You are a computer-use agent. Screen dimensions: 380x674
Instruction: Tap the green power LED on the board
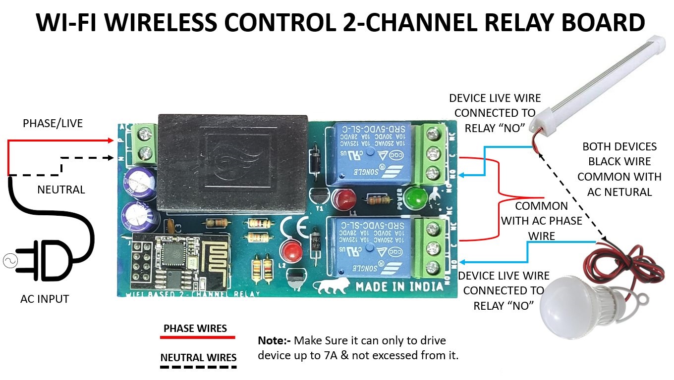click(x=415, y=198)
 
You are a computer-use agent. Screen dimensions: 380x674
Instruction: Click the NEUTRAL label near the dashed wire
click(x=61, y=190)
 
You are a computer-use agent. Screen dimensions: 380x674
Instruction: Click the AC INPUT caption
click(x=45, y=299)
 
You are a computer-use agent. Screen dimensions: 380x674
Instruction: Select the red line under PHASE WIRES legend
click(x=197, y=337)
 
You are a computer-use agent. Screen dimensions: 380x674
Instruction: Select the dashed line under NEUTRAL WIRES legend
click(x=198, y=367)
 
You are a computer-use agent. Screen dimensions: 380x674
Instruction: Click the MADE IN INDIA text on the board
click(x=399, y=286)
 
